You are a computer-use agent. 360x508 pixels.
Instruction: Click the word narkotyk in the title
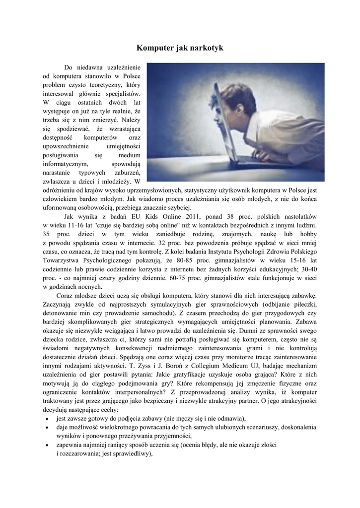[x=204, y=48]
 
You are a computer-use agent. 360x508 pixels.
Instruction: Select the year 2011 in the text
[x=190, y=217]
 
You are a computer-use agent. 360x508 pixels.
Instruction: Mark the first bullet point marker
[x=46, y=419]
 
